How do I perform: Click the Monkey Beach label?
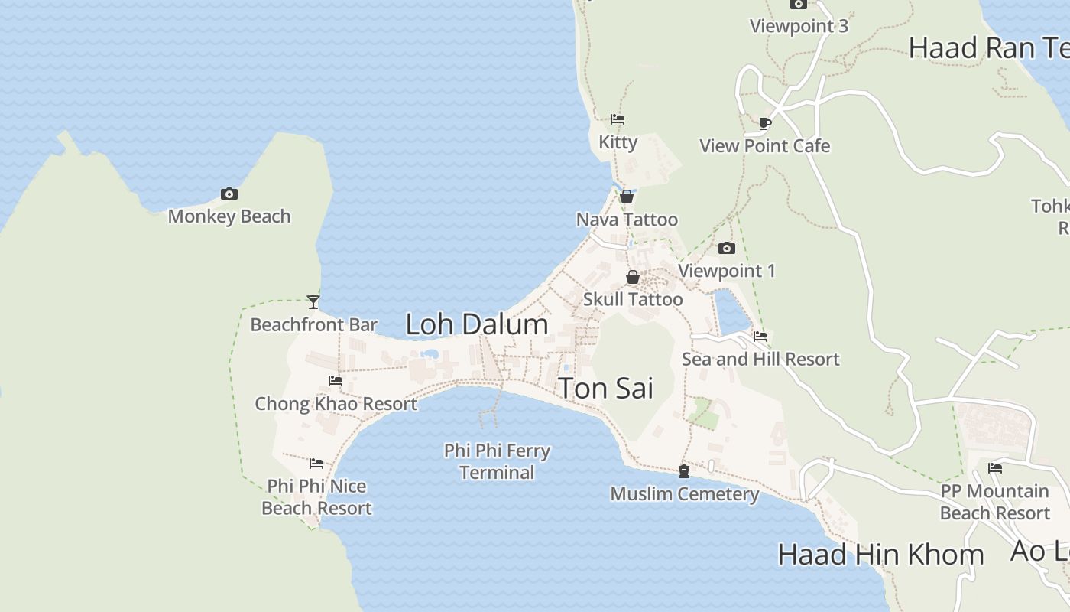229,216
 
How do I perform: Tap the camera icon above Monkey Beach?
229,194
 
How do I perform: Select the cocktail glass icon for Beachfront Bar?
313,302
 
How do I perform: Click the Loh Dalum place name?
477,324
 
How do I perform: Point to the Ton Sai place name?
606,389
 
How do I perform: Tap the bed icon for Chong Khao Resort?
336,381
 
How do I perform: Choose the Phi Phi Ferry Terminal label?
497,461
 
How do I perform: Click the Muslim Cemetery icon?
684,471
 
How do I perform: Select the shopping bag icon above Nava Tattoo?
627,197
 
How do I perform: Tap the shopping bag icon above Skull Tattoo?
633,277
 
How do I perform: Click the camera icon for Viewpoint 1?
727,249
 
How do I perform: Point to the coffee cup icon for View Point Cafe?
765,123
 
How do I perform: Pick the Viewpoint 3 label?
799,26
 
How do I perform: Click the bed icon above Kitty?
618,119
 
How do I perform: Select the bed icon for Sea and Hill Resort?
760,337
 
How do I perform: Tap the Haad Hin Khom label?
880,555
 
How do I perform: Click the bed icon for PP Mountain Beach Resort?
995,468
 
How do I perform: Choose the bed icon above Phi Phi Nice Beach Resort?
316,464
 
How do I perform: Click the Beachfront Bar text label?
314,325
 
